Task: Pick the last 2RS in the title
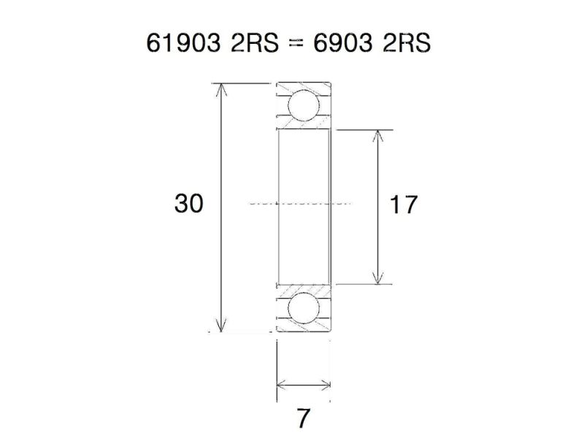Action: [407, 44]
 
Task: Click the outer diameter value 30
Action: [188, 204]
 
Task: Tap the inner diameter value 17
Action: [404, 205]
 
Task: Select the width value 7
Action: [303, 419]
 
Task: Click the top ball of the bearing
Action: [304, 105]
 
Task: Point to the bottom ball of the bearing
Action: [304, 308]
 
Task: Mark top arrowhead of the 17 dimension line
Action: [377, 136]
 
